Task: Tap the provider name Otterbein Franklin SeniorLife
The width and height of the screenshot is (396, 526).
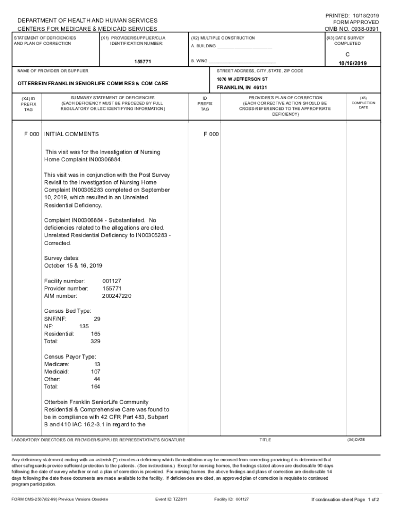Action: click(93, 83)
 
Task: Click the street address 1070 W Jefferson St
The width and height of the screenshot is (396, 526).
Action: click(242, 79)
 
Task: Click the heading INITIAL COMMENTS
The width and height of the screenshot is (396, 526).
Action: click(71, 134)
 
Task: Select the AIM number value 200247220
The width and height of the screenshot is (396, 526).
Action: click(117, 296)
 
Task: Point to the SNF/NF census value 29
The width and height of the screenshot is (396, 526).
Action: click(90, 319)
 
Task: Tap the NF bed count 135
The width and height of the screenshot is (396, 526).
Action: click(84, 326)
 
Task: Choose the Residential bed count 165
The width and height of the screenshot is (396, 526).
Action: click(95, 334)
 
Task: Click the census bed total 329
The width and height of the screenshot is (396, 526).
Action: click(95, 341)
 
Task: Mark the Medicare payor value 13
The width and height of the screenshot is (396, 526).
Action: click(97, 364)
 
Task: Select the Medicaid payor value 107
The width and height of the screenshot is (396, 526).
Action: click(95, 371)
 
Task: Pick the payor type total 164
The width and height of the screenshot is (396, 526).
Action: click(95, 386)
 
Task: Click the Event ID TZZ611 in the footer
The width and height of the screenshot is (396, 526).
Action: click(171, 499)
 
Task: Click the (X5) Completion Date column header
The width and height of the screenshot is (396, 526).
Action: click(363, 103)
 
